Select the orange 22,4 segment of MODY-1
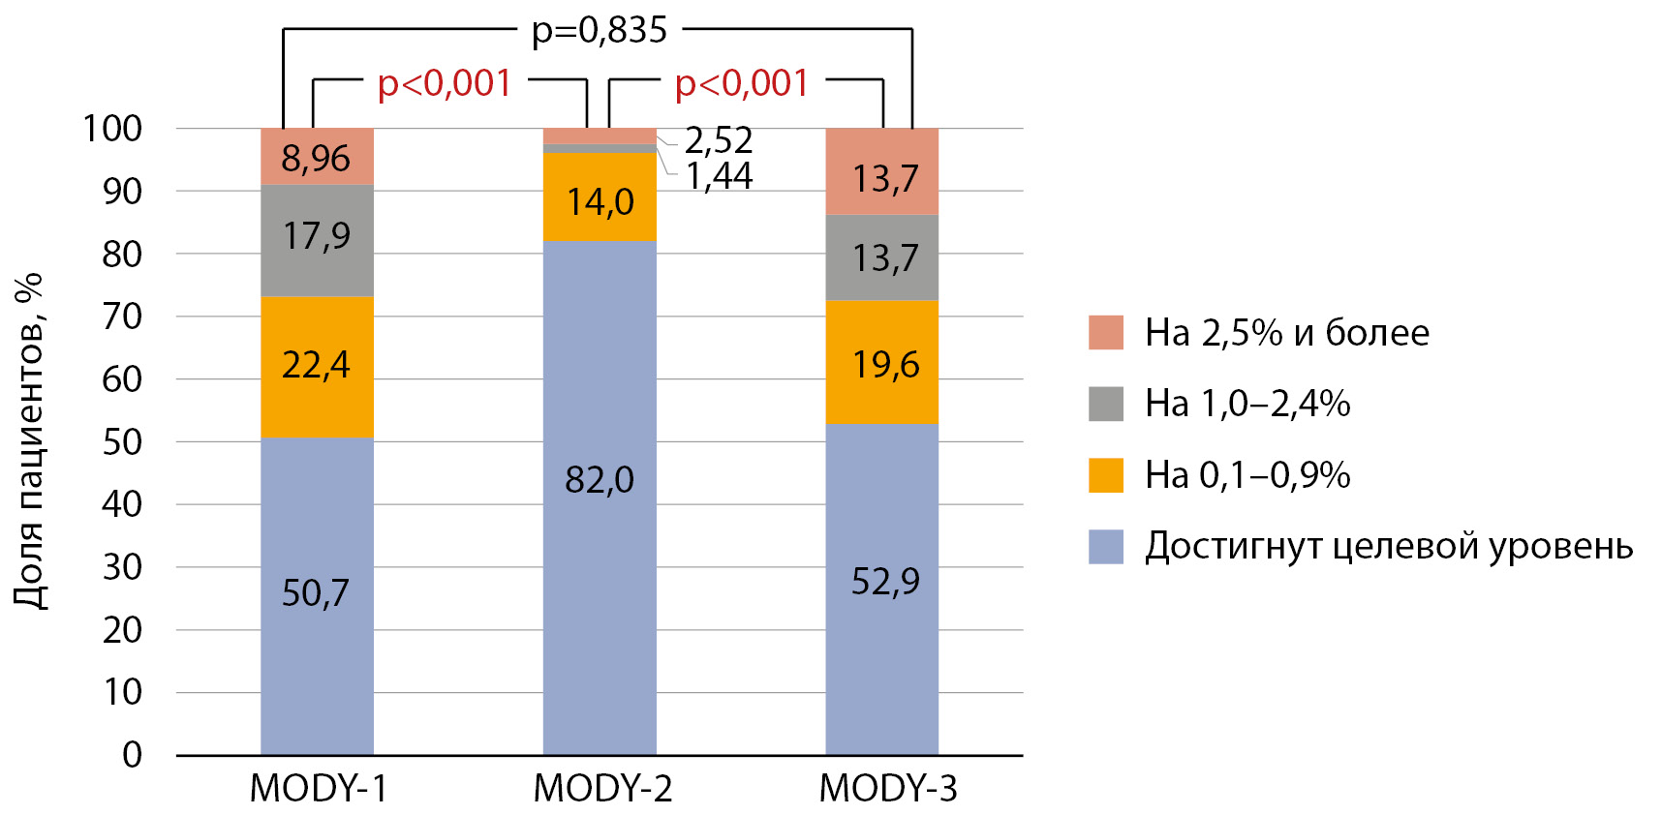coord(317,366)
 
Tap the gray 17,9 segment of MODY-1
coord(317,239)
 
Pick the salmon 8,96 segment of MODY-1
coord(317,157)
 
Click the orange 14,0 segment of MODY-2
coord(600,198)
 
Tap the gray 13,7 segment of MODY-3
coord(881,257)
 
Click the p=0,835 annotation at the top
coord(600,31)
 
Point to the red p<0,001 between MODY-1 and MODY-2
coord(445,83)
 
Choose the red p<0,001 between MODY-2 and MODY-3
coord(742,83)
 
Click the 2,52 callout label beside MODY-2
coord(719,141)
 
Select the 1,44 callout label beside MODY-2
coord(719,176)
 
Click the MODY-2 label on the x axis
coord(602,788)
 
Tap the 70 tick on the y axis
coord(122,316)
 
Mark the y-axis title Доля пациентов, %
coord(29,440)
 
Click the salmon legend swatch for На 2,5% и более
coord(1105,332)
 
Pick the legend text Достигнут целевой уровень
coord(1388,546)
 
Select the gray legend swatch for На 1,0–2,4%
coord(1105,404)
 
